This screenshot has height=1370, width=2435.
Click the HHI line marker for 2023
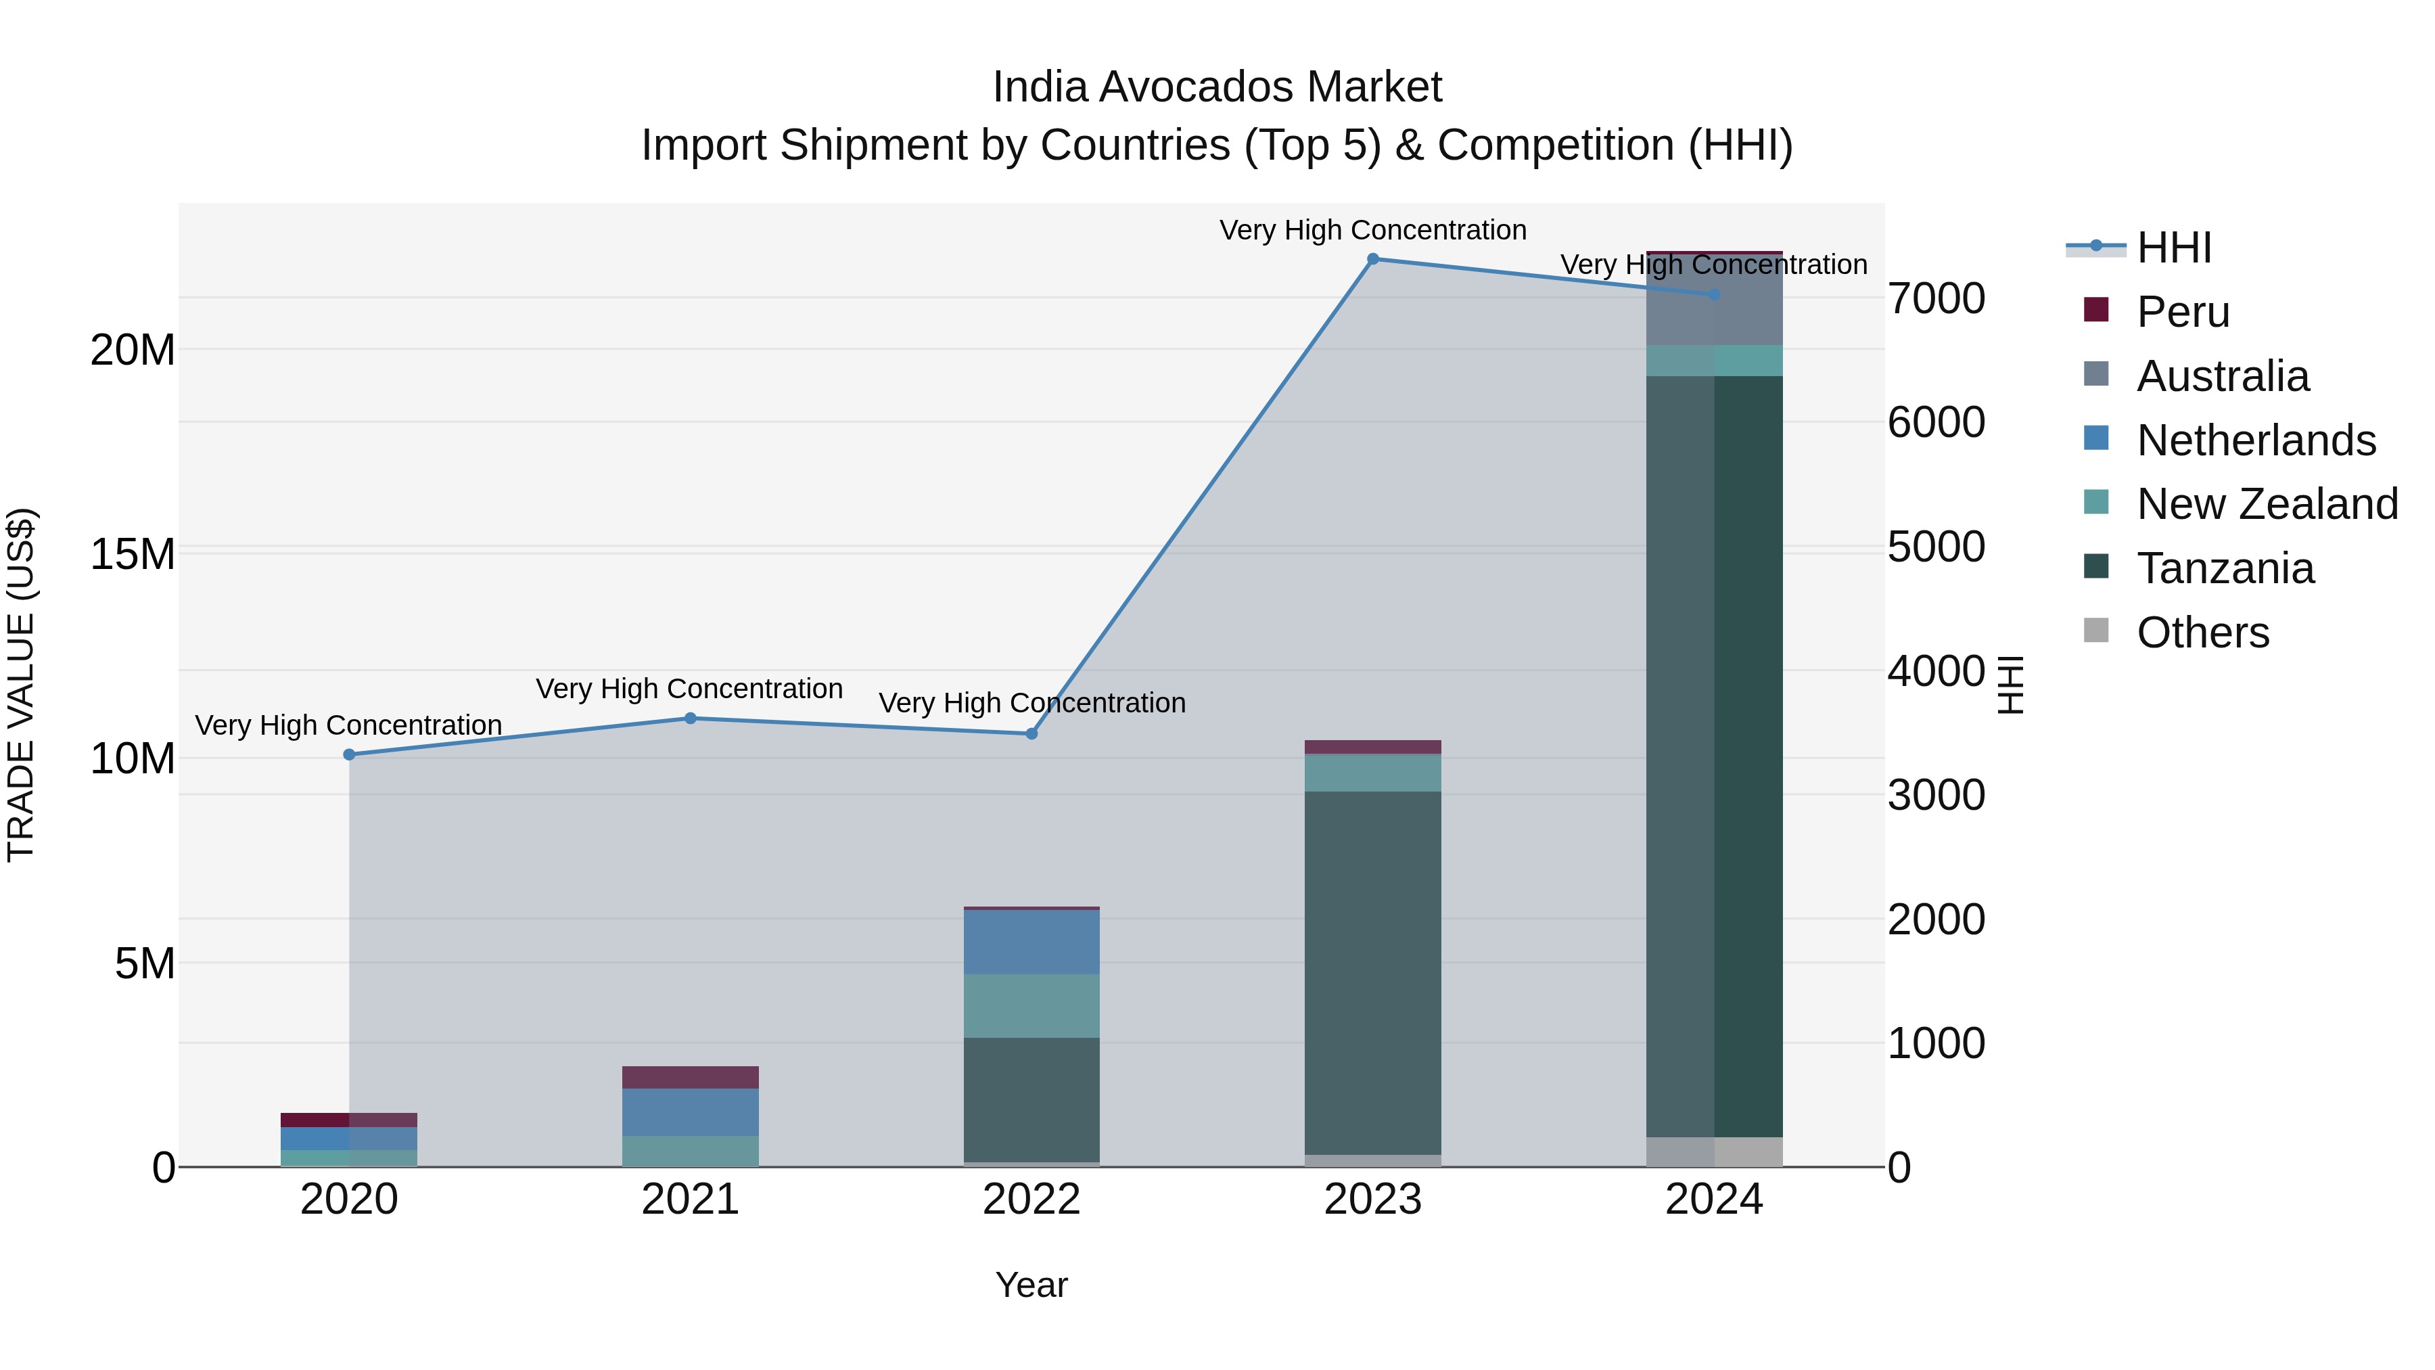coord(1372,259)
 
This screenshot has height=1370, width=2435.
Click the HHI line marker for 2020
coord(349,754)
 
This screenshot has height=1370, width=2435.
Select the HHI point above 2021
coord(690,718)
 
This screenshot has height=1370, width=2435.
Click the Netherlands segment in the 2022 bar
coord(1031,942)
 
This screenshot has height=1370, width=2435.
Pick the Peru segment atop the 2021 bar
coord(690,1078)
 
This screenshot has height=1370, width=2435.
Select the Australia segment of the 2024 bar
coord(1714,300)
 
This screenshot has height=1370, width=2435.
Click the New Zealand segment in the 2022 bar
coord(1031,1006)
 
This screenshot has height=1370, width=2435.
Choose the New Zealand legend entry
coord(2266,504)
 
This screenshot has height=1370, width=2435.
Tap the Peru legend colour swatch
coord(2095,310)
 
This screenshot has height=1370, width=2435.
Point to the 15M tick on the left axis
coord(133,554)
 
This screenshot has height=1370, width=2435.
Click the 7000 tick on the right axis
coord(1936,299)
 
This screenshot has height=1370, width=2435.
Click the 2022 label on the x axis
coord(1031,1200)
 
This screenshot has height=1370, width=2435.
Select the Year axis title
coord(1031,1285)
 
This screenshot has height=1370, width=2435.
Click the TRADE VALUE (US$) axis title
coord(21,685)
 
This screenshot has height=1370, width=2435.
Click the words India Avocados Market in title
coord(1217,87)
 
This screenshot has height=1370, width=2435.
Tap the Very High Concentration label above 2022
coord(1031,704)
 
